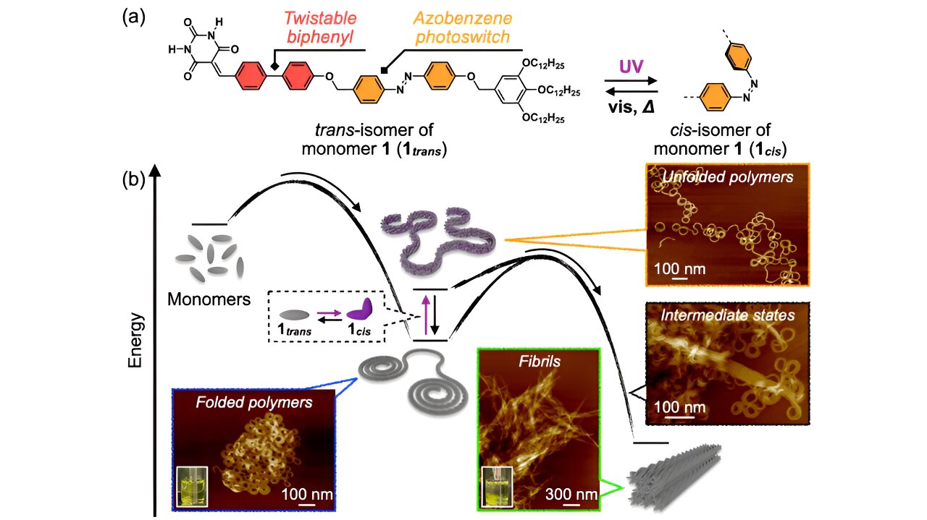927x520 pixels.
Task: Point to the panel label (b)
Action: (135, 179)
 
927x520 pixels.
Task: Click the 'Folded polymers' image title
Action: (254, 402)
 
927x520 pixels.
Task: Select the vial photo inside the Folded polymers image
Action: (192, 485)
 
